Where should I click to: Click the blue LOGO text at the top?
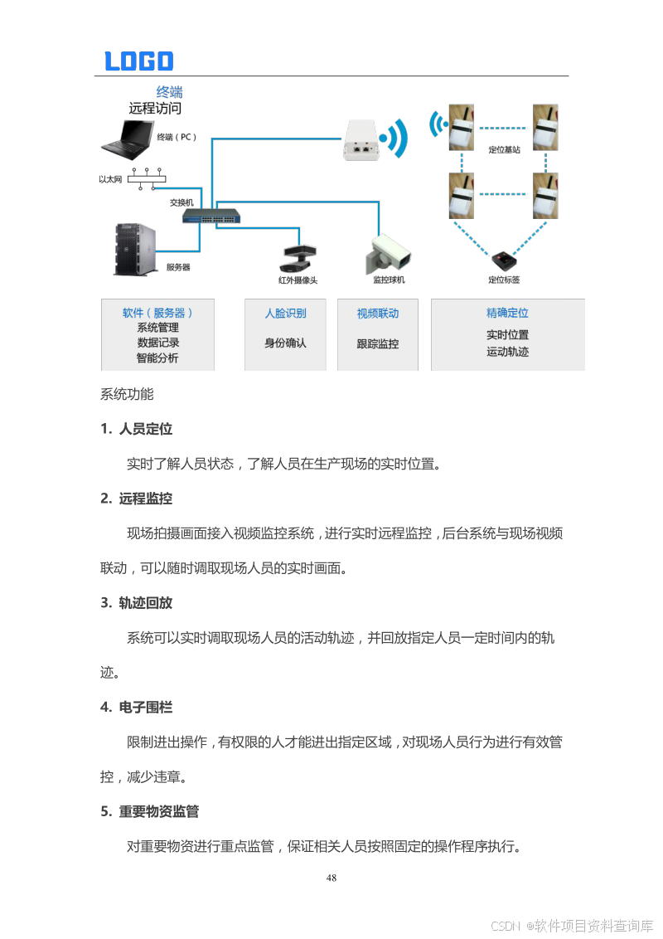138,61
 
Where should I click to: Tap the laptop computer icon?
126,139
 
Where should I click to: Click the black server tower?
134,247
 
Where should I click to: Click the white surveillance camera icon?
386,252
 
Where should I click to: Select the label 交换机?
181,202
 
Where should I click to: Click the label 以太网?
110,179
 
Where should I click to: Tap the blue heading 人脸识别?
285,314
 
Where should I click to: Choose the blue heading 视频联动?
377,314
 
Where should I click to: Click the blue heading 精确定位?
507,314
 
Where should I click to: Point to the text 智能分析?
157,358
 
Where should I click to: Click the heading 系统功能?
127,394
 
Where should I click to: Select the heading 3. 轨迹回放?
137,603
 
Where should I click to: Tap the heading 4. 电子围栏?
137,708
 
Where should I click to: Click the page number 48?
331,878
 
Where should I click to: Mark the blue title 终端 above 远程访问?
170,92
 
